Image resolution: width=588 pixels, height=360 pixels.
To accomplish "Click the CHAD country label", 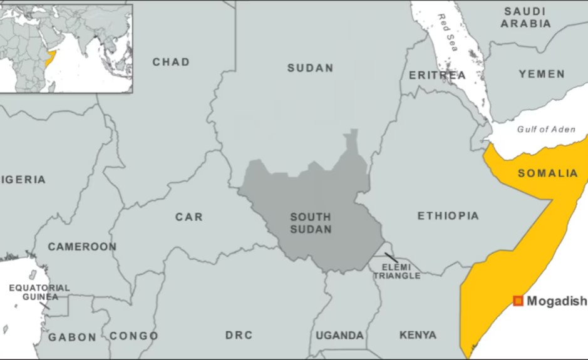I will pos(171,62).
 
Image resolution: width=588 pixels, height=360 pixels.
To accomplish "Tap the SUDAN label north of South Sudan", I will pos(310,68).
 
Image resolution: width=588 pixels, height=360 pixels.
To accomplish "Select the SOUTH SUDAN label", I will pos(311,223).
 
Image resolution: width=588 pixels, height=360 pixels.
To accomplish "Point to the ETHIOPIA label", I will pos(448,216).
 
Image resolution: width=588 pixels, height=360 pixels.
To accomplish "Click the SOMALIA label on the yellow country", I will pos(547,173).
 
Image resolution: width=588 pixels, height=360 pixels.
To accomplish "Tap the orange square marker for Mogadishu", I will pos(518,301).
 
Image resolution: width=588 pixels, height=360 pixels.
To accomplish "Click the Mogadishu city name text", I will pos(557,301).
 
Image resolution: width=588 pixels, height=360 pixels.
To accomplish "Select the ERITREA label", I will pos(437,76).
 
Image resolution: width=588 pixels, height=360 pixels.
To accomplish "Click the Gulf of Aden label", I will pos(546,129).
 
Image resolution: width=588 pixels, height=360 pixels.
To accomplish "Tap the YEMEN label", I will pos(542,75).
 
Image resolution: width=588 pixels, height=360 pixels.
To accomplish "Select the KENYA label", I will pos(418,335).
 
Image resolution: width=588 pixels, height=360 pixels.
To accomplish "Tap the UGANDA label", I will pos(339,335).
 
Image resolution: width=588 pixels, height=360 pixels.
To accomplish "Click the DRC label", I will pos(239,335).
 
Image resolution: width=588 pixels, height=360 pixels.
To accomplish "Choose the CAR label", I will pos(188,217).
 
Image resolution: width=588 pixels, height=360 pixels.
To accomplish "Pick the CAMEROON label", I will pos(82,247).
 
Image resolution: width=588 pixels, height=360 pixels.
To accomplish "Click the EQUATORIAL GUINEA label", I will pos(39,292).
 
